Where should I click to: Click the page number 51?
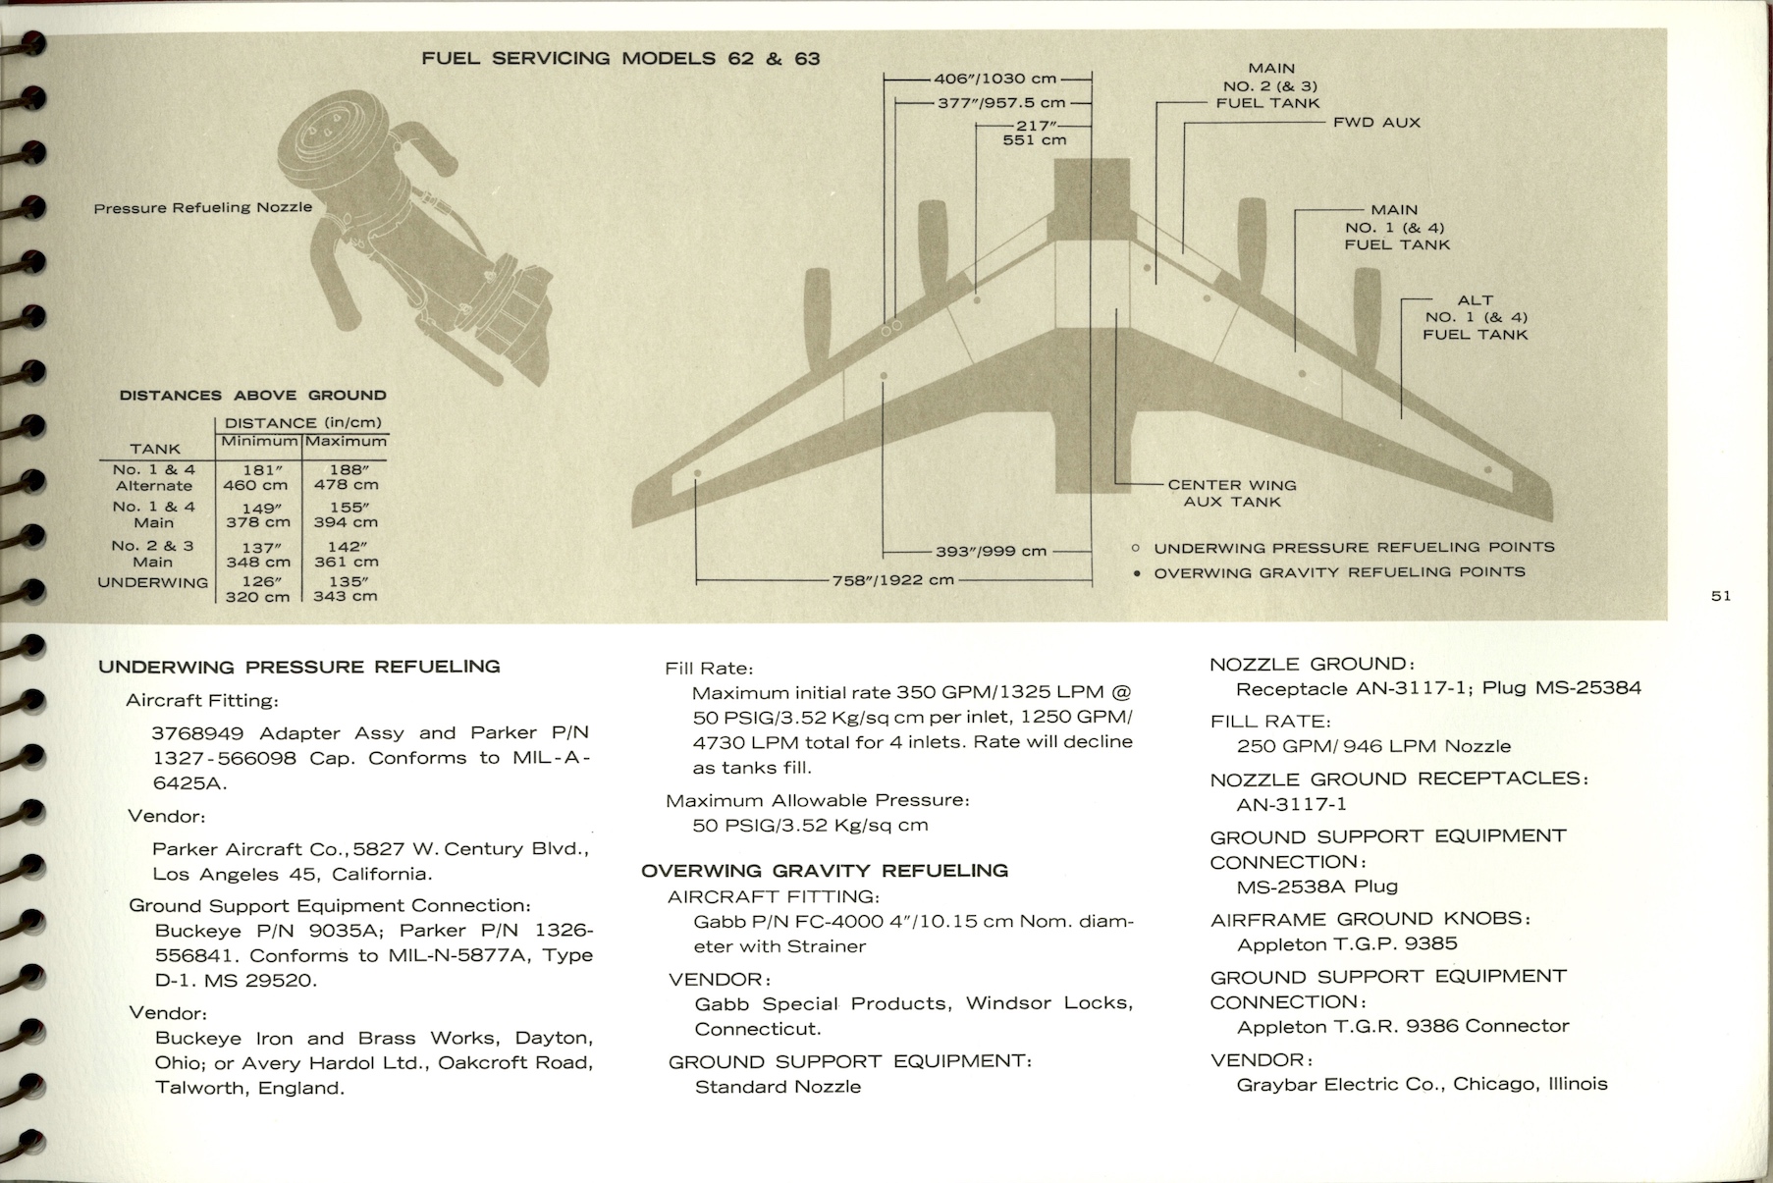(x=1720, y=596)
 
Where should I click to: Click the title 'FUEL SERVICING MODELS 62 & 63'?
(x=620, y=59)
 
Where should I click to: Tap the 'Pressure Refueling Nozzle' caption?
(x=203, y=208)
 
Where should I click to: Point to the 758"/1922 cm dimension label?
(x=892, y=580)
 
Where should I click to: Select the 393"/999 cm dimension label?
(x=991, y=552)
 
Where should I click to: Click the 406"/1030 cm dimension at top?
(x=994, y=79)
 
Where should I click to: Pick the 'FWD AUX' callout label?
(x=1376, y=123)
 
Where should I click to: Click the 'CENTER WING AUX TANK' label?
(x=1231, y=493)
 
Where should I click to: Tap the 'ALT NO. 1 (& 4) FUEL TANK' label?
(x=1475, y=317)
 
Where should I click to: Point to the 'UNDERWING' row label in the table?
(x=153, y=582)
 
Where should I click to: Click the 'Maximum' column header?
(x=346, y=442)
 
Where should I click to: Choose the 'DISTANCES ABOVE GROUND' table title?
(x=252, y=396)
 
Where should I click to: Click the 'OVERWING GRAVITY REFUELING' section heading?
(x=824, y=871)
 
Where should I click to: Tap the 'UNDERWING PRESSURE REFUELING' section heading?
(x=299, y=667)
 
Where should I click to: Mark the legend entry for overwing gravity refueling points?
(x=1338, y=572)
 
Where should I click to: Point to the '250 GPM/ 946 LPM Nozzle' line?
(x=1373, y=746)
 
